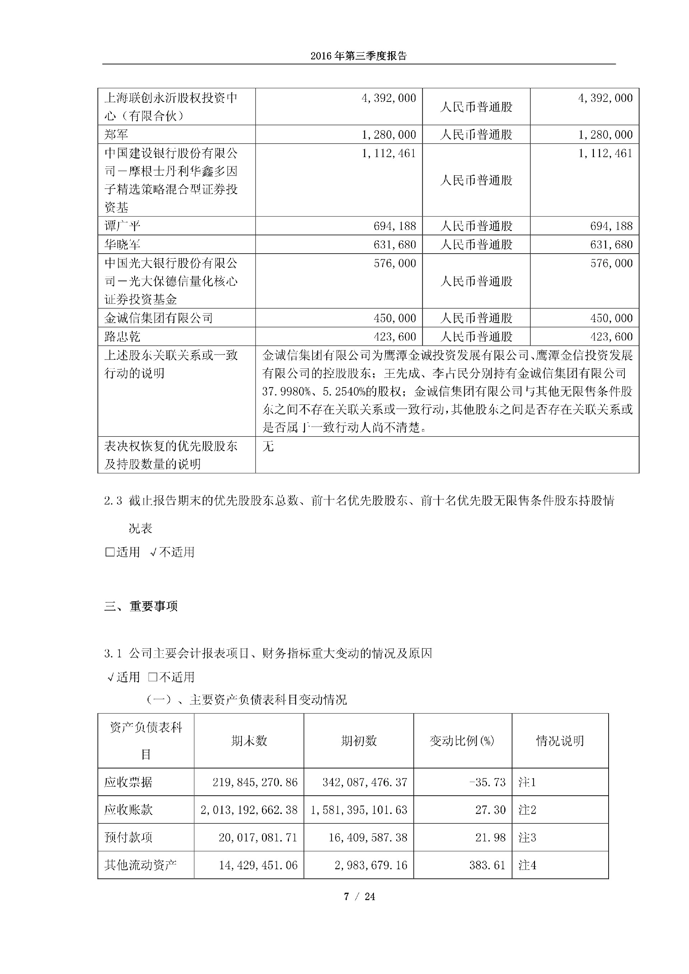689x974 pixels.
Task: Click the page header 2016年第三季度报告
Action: pos(358,56)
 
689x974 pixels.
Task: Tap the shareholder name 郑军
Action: pos(116,135)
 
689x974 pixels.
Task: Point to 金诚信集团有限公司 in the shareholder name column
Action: pos(158,318)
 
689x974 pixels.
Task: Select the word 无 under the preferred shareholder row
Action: pos(268,446)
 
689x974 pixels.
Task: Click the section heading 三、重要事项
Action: pos(141,606)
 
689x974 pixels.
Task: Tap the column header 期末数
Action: pos(249,741)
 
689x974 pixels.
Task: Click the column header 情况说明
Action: pos(560,741)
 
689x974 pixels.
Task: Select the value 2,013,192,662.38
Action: pos(249,810)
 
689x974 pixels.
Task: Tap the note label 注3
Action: pos(528,837)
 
